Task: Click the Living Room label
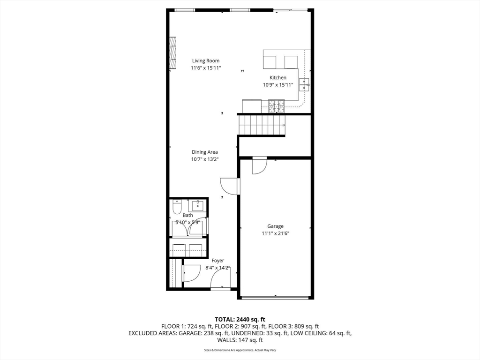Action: click(205, 60)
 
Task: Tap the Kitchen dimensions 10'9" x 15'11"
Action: click(277, 85)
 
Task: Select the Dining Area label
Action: click(204, 152)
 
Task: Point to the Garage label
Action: click(275, 226)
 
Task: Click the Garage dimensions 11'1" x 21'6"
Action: click(275, 233)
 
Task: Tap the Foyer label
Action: click(217, 261)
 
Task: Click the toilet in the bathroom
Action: click(177, 207)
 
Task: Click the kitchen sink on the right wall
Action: click(305, 84)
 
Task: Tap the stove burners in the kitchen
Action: click(276, 106)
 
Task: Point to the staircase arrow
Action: click(283, 125)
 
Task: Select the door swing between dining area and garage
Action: click(228, 186)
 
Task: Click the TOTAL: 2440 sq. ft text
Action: click(240, 319)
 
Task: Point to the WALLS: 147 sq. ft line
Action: click(240, 340)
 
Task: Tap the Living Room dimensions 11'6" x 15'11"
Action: click(205, 68)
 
